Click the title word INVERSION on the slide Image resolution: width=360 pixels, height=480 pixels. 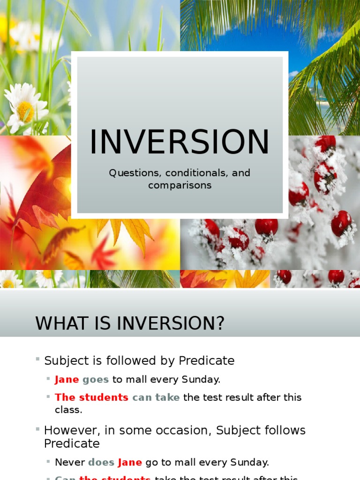coord(180,142)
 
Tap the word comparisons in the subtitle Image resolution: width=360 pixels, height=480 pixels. coord(180,185)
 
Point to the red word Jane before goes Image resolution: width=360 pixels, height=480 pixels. coord(67,379)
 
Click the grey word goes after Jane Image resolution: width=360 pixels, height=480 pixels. coord(96,379)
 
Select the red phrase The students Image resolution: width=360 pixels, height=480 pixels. coord(91,397)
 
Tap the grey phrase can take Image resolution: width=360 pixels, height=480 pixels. coord(156,397)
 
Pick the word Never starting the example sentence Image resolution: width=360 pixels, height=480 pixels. coord(70,462)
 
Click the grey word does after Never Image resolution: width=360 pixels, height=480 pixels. coord(101,462)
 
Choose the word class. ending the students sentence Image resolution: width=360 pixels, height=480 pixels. coord(68,410)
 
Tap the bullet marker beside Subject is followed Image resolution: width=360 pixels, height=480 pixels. coord(37,359)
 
